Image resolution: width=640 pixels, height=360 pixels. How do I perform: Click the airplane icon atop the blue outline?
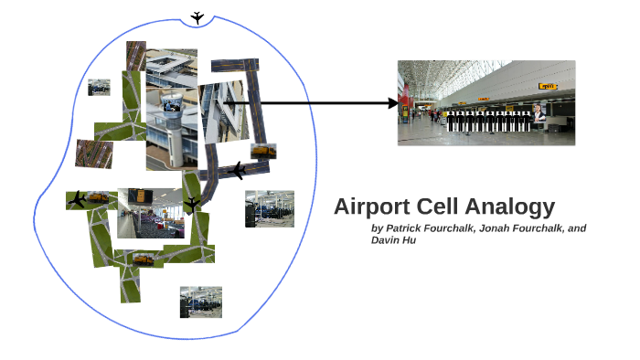click(198, 17)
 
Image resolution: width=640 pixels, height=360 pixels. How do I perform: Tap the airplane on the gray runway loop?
click(237, 170)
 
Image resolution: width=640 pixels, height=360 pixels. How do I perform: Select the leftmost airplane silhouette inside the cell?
click(78, 198)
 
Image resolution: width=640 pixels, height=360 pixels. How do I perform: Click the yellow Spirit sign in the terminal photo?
click(548, 87)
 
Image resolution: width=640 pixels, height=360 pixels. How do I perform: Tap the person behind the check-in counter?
click(540, 113)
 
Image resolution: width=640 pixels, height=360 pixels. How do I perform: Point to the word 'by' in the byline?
click(378, 228)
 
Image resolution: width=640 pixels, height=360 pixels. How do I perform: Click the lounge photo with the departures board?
click(149, 213)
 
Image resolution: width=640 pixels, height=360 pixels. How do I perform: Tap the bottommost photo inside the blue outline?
click(200, 302)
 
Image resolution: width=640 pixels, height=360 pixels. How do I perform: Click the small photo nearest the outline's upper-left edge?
click(99, 88)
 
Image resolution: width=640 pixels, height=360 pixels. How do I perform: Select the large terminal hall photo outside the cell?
click(485, 102)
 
